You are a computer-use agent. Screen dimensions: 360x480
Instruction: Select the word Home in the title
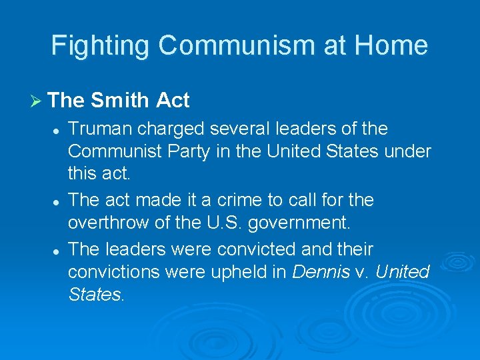pos(391,45)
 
